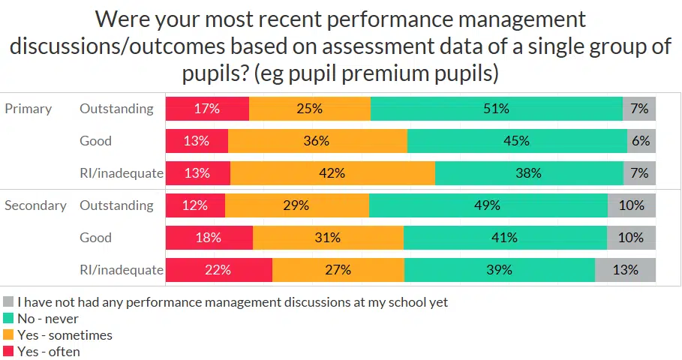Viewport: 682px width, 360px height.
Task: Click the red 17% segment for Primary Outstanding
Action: pyautogui.click(x=207, y=109)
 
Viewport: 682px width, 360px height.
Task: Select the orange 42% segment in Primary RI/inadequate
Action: pyautogui.click(x=332, y=173)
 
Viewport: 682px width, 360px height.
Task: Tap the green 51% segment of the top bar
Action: pyautogui.click(x=496, y=109)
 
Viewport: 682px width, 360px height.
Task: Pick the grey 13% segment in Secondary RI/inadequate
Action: pyautogui.click(x=625, y=270)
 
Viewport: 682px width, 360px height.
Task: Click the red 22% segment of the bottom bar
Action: pyautogui.click(x=218, y=270)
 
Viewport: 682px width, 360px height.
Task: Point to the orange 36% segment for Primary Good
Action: pyautogui.click(x=317, y=141)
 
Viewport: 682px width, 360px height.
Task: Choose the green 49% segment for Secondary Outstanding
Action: pyautogui.click(x=488, y=205)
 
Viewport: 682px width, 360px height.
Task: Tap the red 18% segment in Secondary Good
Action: pyautogui.click(x=209, y=238)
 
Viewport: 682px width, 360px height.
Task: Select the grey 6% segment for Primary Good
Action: pyautogui.click(x=641, y=141)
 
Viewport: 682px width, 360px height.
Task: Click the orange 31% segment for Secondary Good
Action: pyautogui.click(x=328, y=238)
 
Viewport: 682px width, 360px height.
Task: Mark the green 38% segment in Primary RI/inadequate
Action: pyautogui.click(x=529, y=173)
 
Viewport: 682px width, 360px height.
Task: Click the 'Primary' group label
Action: pyautogui.click(x=29, y=109)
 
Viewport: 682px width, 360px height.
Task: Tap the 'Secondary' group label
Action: pyautogui.click(x=35, y=205)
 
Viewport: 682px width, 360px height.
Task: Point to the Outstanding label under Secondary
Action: pyautogui.click(x=116, y=205)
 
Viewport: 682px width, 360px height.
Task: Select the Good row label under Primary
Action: pyautogui.click(x=95, y=141)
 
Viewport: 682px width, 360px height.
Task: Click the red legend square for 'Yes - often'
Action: pyautogui.click(x=8, y=351)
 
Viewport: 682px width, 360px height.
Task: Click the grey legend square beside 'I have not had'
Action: pyautogui.click(x=8, y=302)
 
